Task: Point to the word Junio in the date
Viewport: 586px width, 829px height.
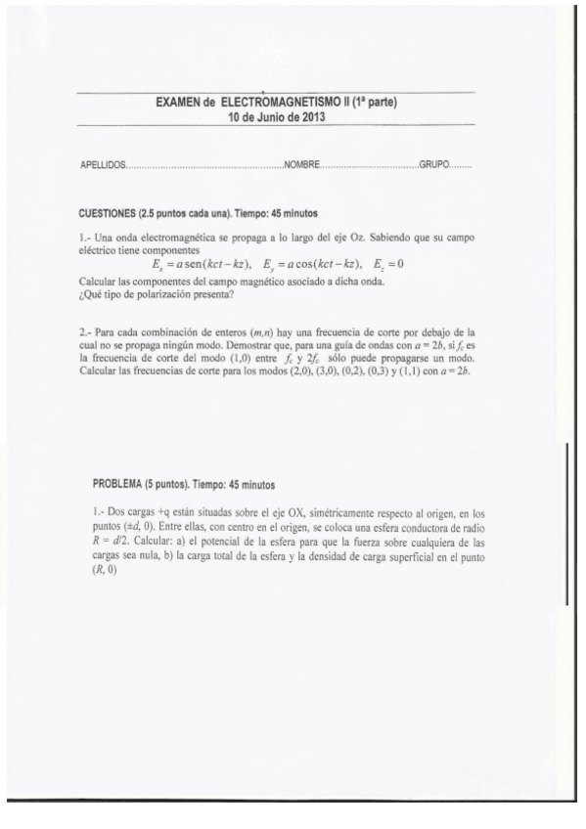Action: tap(269, 116)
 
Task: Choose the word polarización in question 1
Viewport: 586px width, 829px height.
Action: tap(166, 292)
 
